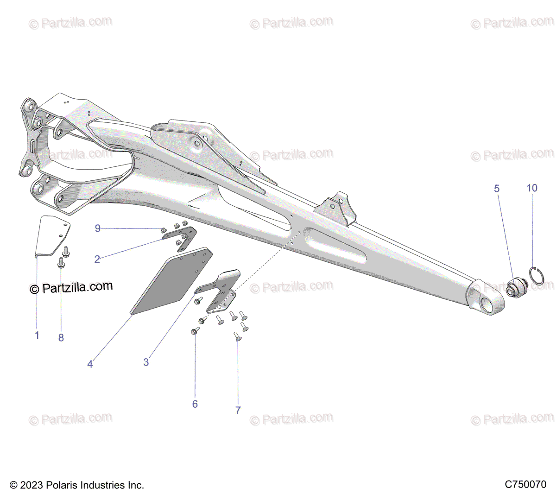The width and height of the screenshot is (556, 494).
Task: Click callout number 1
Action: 37,335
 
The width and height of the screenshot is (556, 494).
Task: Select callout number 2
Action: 97,259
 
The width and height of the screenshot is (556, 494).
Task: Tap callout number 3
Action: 146,362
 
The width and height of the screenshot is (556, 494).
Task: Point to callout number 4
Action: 90,364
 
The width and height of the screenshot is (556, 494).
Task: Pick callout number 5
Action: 497,188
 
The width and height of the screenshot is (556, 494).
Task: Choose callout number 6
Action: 195,404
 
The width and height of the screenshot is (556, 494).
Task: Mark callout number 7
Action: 238,410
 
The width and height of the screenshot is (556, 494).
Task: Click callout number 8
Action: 61,338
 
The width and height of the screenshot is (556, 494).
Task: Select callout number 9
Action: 97,228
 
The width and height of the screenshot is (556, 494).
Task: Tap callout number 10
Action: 532,188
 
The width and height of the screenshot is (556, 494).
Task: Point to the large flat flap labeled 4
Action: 171,280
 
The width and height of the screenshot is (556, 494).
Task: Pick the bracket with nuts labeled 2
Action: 182,235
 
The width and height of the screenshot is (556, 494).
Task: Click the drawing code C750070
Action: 525,485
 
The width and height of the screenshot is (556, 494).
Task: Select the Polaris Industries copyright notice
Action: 77,485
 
